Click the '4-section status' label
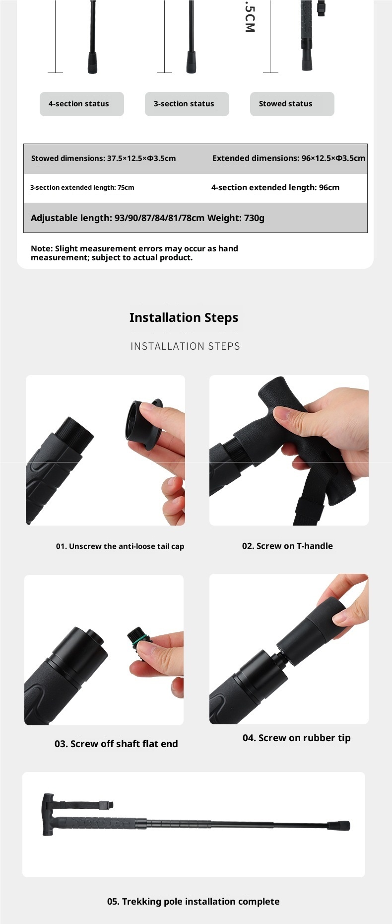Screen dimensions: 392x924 point(78,104)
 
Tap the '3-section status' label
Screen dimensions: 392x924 point(184,104)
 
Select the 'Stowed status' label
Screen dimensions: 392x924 point(285,104)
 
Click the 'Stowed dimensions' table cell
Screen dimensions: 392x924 point(103,158)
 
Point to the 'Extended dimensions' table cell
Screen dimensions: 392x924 point(289,158)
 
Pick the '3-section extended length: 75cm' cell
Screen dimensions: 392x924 point(82,188)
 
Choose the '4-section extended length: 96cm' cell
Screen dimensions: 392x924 point(275,188)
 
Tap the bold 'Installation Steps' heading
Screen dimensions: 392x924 point(184,317)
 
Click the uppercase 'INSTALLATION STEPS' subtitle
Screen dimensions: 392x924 point(185,346)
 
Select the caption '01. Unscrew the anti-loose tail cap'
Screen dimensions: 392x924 point(120,546)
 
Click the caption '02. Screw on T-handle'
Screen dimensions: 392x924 point(287,546)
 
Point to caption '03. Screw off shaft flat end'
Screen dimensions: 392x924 point(116,744)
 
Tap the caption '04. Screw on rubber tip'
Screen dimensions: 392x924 point(296,738)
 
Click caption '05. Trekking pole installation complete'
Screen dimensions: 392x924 point(193,902)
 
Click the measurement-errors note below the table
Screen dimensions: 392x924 point(134,253)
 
